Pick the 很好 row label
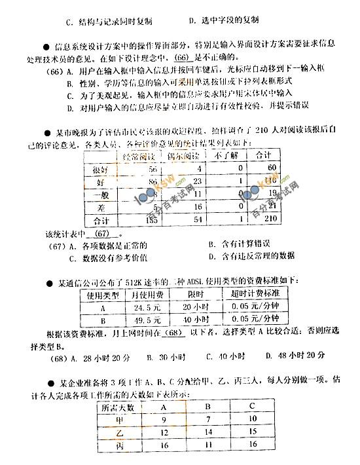pyautogui.click(x=99, y=169)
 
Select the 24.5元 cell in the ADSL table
pyautogui.click(x=147, y=306)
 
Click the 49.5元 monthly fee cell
pyautogui.click(x=147, y=319)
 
